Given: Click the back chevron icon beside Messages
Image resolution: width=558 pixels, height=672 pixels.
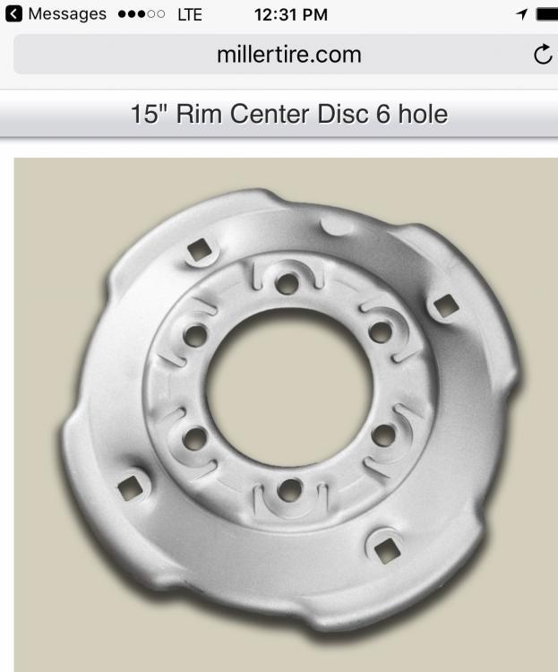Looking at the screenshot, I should coord(13,14).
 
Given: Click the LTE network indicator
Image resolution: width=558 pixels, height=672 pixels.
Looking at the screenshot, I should coord(190,14).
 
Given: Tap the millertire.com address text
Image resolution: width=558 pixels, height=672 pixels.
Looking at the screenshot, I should coord(288,55).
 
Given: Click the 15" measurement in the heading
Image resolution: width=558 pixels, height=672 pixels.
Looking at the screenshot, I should coord(147,115).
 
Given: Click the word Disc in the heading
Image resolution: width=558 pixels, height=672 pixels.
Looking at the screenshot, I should coord(338,115).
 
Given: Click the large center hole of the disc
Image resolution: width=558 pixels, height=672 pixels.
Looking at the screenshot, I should coord(288,386).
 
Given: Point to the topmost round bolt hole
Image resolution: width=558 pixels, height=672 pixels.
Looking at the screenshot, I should coord(287,284).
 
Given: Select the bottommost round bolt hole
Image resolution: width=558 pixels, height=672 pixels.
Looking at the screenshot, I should coord(288,490).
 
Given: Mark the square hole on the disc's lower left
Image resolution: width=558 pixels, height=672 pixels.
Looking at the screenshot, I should coord(131,487).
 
